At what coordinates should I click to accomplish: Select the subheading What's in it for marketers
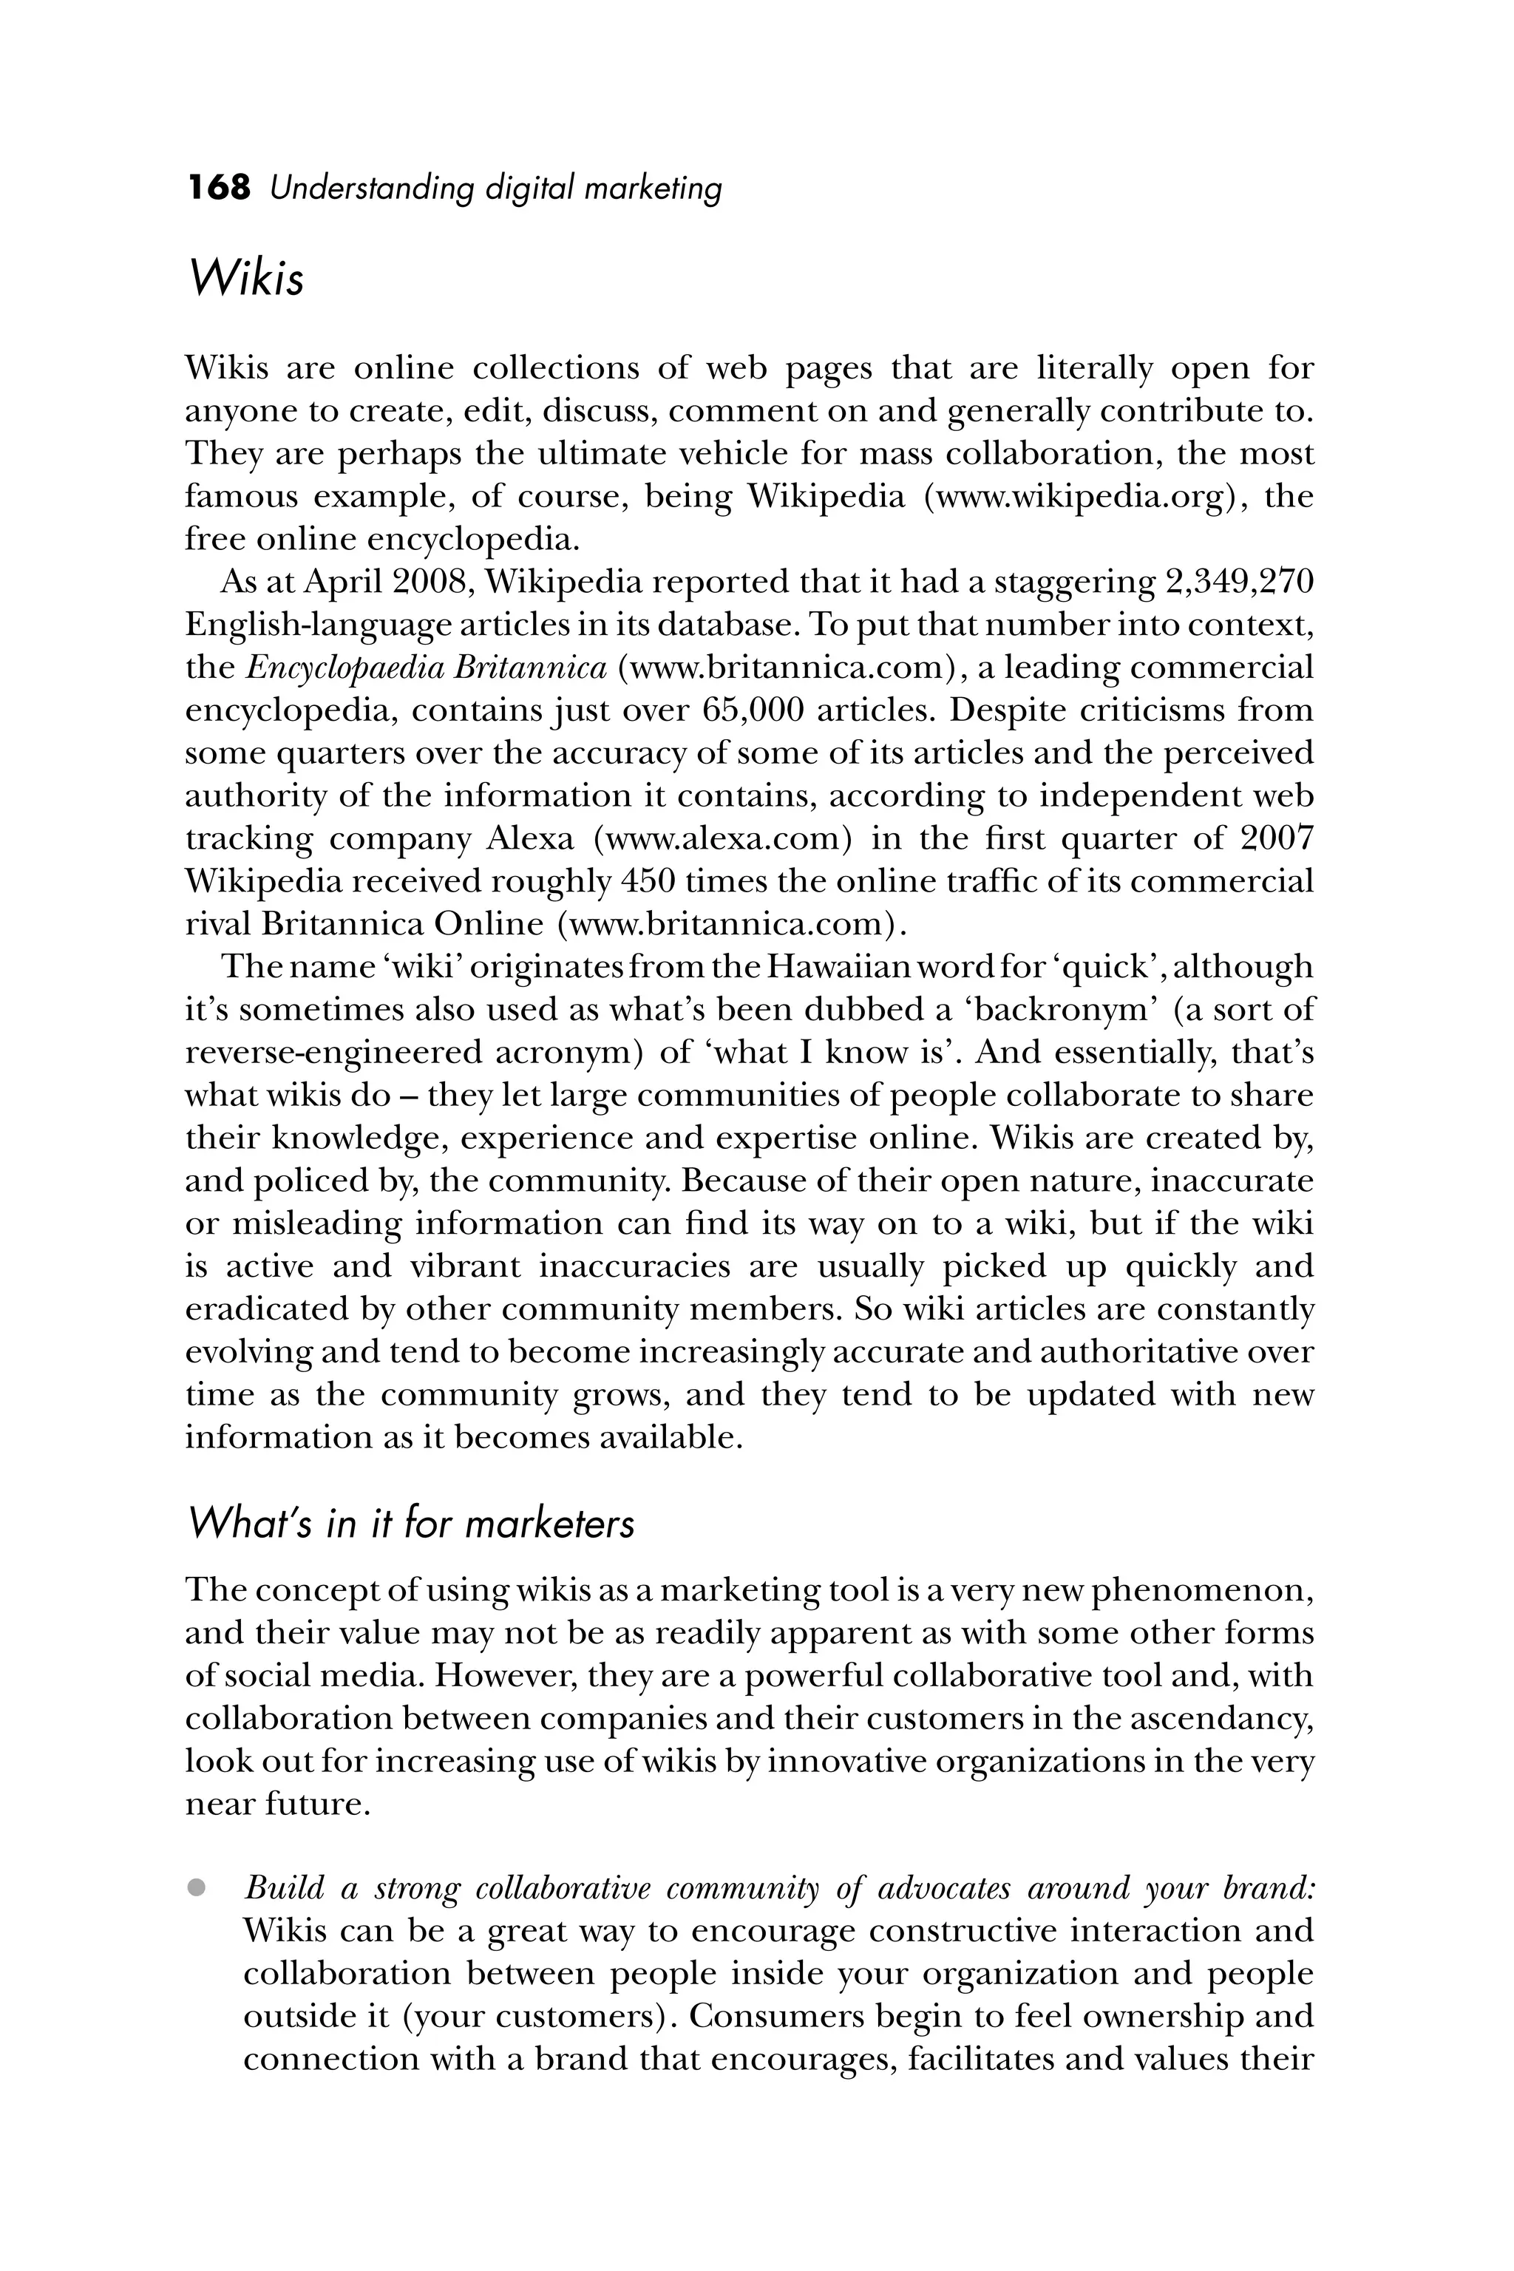click(x=410, y=1524)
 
